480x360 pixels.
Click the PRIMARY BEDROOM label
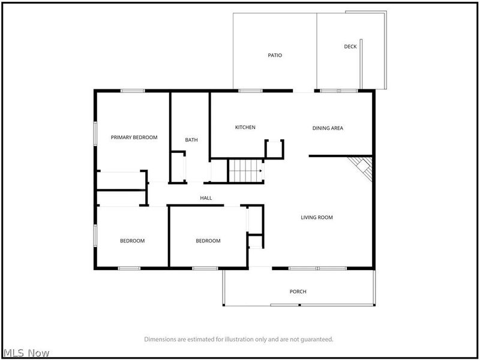134,137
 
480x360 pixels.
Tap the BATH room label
191,140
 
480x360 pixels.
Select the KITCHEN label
245,127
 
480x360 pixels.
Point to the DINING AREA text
328,128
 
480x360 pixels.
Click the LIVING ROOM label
317,217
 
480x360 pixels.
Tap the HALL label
206,198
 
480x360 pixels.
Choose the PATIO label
275,55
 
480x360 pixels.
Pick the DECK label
350,47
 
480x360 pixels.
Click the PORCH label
298,292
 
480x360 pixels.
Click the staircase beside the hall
245,171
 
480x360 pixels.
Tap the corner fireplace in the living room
362,167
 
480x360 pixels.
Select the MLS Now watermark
26,353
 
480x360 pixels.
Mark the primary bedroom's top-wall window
133,91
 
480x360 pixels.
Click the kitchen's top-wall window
250,91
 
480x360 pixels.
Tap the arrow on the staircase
260,171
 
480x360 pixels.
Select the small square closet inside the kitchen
274,149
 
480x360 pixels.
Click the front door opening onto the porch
260,268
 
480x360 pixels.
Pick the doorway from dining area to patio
304,91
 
